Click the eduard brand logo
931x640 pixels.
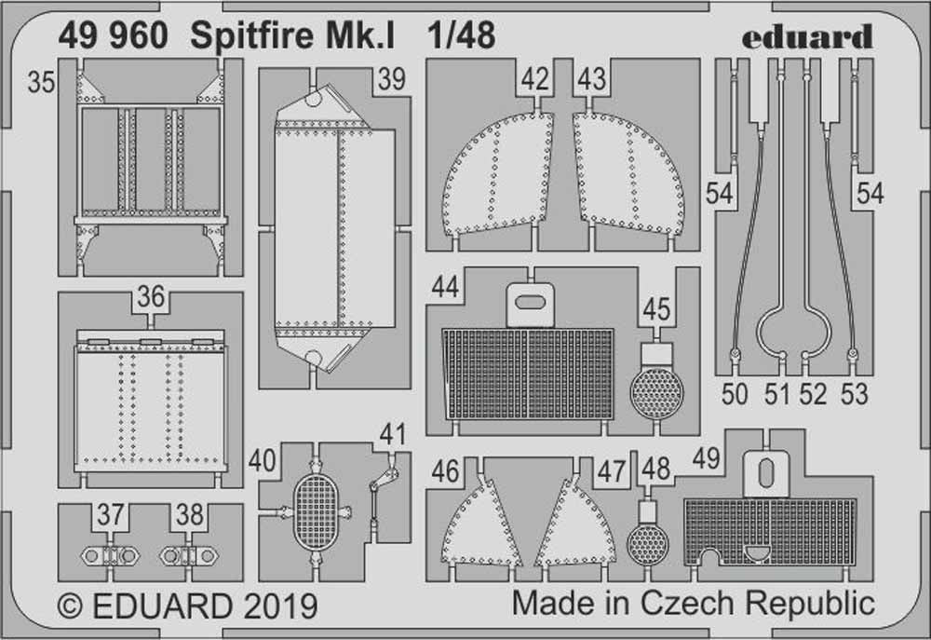click(807, 36)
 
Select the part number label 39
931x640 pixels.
click(392, 80)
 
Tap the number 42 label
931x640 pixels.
click(535, 80)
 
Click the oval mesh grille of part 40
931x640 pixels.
click(317, 511)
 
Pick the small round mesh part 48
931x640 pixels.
click(647, 542)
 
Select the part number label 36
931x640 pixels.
click(150, 298)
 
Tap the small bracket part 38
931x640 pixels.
click(186, 555)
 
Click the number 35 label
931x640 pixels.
click(41, 83)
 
